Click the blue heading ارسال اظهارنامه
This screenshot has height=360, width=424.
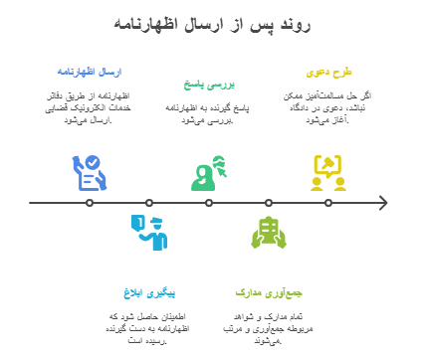click(90, 72)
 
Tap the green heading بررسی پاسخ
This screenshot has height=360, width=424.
click(209, 85)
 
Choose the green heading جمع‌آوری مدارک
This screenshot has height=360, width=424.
click(269, 294)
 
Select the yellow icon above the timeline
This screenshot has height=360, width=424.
click(328, 172)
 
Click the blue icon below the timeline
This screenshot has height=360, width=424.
click(149, 233)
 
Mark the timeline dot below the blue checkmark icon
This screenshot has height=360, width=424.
click(90, 203)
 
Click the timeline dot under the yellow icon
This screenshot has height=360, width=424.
click(328, 203)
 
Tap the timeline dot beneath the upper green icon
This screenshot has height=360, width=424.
click(209, 203)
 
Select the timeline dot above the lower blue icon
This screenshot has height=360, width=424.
click(149, 203)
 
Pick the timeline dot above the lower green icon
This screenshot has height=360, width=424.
click(269, 203)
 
